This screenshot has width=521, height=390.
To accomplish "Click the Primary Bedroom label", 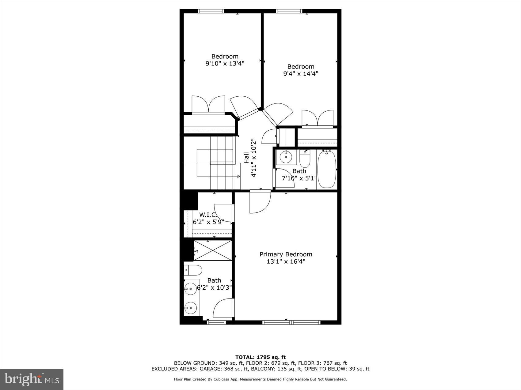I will click(x=286, y=254).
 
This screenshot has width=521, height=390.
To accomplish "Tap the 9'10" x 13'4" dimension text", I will click(x=225, y=64).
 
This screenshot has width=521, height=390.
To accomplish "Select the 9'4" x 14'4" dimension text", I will click(x=301, y=74).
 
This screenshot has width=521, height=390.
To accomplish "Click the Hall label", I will click(x=246, y=158).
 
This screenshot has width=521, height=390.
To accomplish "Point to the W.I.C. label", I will click(x=208, y=215).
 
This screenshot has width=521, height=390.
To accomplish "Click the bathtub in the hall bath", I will click(x=327, y=169).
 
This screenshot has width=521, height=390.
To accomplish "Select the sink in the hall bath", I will click(x=286, y=157).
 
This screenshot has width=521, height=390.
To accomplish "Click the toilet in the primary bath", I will click(x=194, y=270).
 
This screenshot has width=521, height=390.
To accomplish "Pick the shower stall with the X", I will click(x=212, y=251).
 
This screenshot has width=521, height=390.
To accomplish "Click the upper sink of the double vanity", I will click(x=191, y=288).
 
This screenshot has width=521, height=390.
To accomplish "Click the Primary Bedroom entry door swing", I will click(x=259, y=202).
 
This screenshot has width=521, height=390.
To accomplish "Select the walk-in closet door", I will click(x=224, y=213).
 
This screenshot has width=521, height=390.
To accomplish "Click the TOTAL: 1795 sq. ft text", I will click(x=260, y=357).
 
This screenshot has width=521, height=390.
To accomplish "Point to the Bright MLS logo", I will click(x=32, y=379).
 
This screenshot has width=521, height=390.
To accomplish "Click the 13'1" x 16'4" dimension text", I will click(x=286, y=262).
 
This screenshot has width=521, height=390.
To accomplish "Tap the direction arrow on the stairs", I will click(x=238, y=176).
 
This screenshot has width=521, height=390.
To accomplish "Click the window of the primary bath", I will click(x=216, y=322).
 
